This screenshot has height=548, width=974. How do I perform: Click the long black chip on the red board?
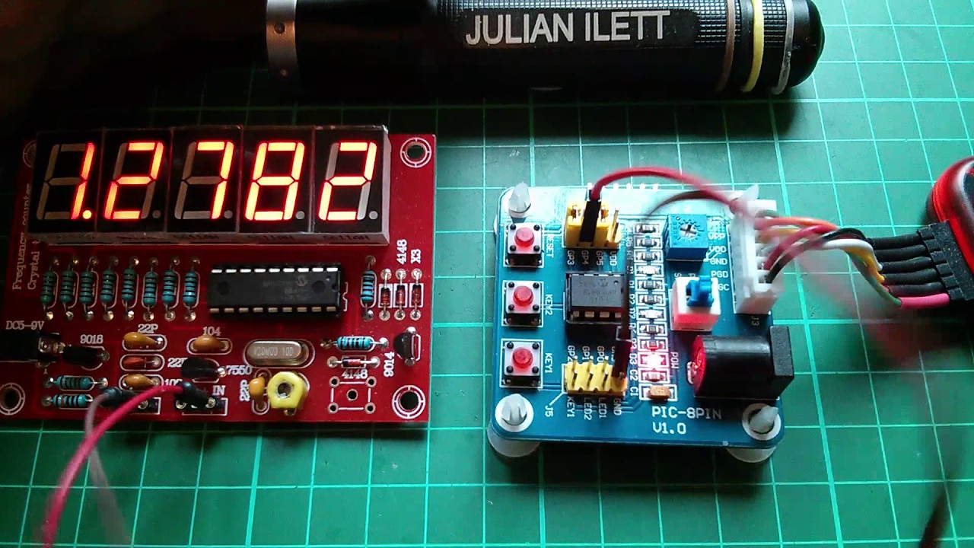275,289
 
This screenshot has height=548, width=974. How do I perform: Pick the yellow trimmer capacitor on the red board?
286,390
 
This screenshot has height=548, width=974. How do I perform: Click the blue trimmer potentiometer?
683,229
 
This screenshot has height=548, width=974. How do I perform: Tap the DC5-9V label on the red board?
24,326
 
